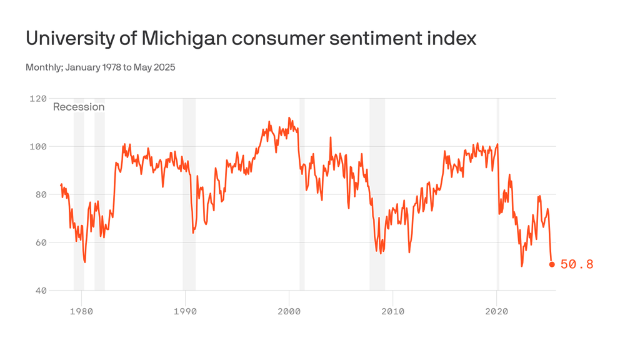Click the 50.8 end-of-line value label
tap(576, 264)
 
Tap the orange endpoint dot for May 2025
tap(552, 264)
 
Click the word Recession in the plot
tap(79, 107)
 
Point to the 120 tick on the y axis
tap(38, 99)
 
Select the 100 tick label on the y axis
tap(38, 146)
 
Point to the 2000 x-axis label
tap(289, 311)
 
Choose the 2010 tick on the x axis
tap(392, 311)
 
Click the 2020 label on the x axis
tap(496, 311)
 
